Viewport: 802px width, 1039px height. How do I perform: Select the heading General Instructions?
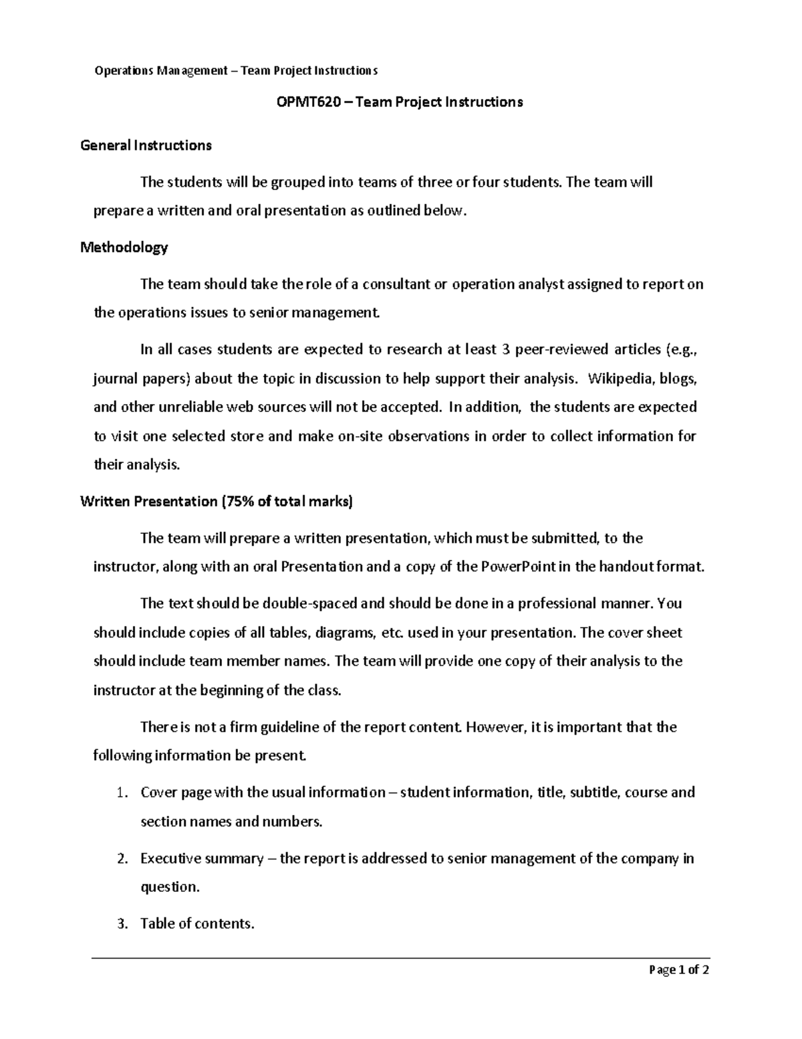click(x=146, y=145)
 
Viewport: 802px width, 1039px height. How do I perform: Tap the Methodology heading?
click(x=124, y=248)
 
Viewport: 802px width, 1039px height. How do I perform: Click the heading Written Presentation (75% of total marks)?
click(x=216, y=502)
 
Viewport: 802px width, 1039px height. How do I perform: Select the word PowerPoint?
click(x=518, y=567)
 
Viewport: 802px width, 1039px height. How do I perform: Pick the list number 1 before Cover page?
click(x=120, y=793)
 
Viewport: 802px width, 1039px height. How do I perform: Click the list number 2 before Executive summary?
click(x=121, y=858)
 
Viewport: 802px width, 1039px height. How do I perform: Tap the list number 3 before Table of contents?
click(x=121, y=924)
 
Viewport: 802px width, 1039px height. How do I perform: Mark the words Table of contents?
click(x=197, y=924)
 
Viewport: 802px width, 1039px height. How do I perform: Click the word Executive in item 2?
click(x=170, y=858)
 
